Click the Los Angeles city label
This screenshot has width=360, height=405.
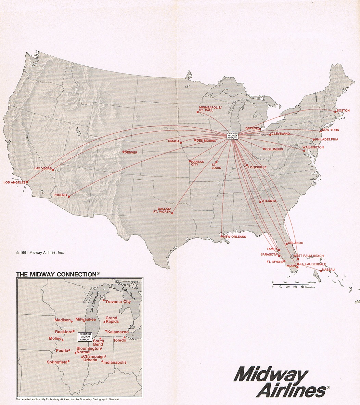coord(15,182)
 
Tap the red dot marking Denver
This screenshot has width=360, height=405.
coord(124,152)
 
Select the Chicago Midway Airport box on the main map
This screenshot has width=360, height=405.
coord(232,135)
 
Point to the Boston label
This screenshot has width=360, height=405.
coord(343,110)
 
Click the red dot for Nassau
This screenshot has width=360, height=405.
coord(320,271)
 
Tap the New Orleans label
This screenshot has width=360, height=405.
coord(234,237)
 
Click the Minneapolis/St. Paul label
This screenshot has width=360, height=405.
coord(210,109)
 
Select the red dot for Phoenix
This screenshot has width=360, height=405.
coord(69,196)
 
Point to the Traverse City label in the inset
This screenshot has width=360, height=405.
coord(118,302)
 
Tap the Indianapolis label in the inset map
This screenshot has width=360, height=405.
coord(115,362)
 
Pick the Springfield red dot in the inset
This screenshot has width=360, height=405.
coord(69,361)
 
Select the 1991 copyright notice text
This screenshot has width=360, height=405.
coord(40,253)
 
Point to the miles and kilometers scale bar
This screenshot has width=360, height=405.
coord(293,284)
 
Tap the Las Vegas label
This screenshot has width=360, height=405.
coord(43,168)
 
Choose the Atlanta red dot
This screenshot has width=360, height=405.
coord(260,202)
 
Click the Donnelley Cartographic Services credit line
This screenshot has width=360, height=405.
coord(68,399)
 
